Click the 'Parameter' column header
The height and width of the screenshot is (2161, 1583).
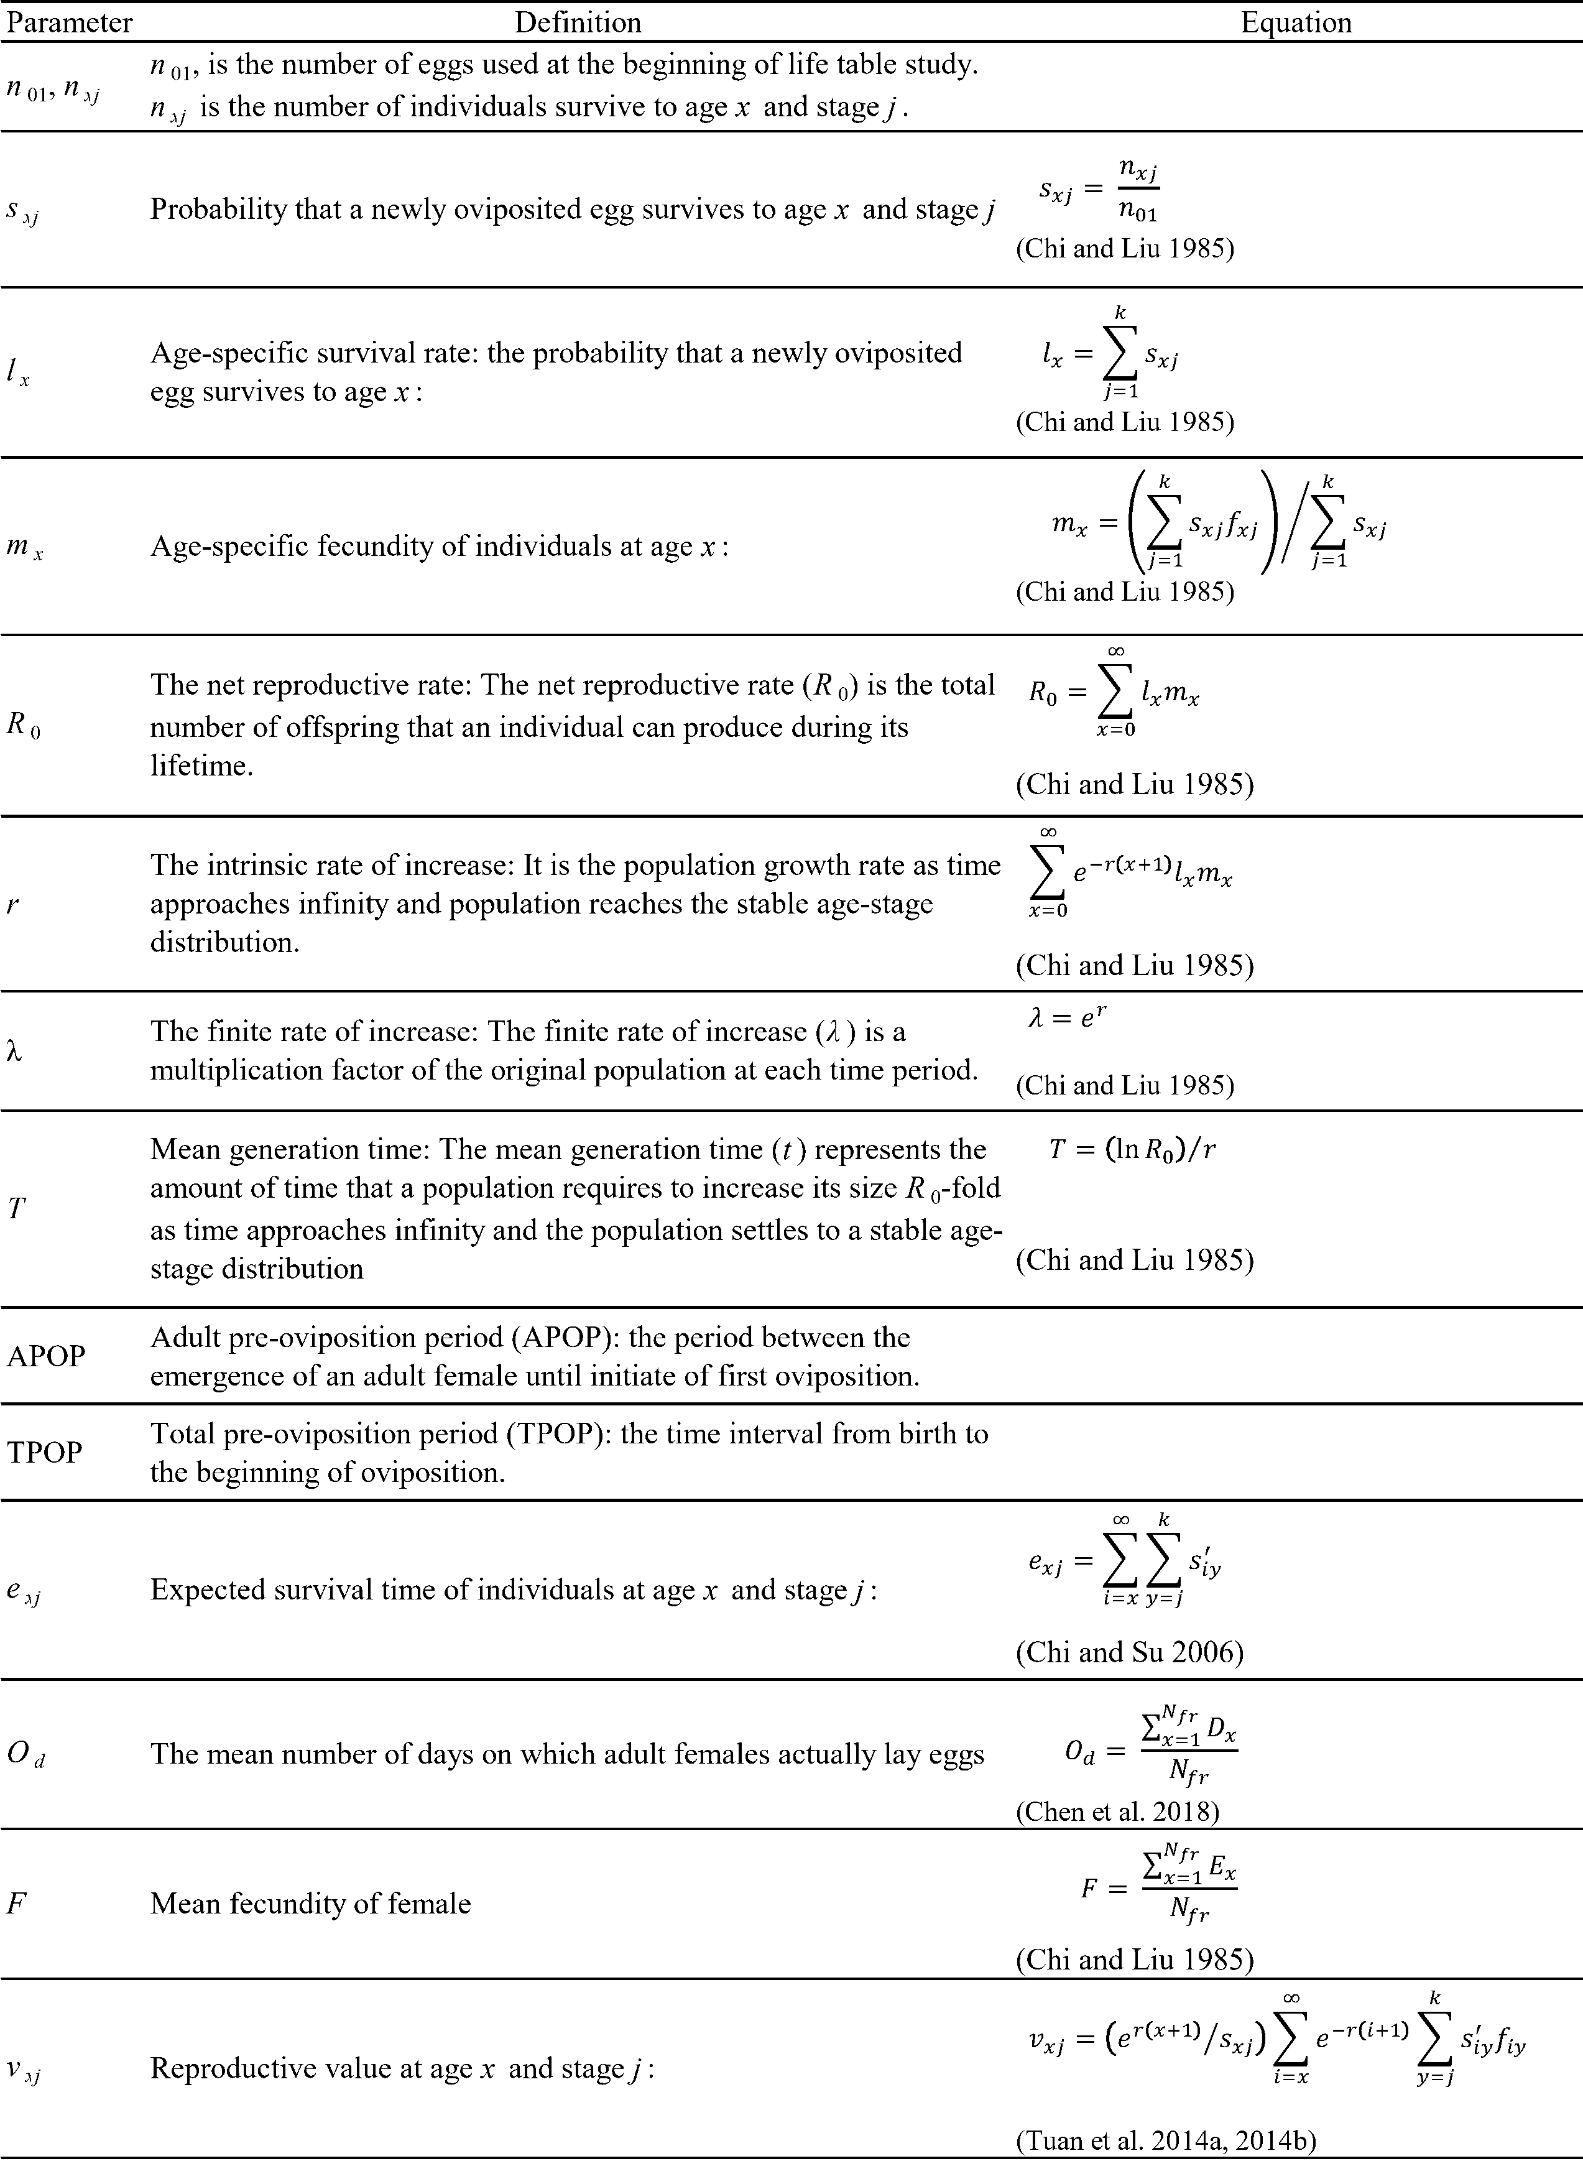(x=69, y=22)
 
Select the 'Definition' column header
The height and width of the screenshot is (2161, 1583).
(x=578, y=22)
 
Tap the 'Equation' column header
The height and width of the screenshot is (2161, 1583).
(x=1296, y=22)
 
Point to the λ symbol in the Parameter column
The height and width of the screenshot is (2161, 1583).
(x=14, y=1051)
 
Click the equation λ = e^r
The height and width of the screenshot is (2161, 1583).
(x=1068, y=1017)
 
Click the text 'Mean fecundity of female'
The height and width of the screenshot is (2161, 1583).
(x=310, y=1902)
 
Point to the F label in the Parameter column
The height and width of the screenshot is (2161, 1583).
(x=16, y=1902)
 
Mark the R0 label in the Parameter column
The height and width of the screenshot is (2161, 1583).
(x=23, y=724)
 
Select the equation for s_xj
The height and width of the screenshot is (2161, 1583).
(x=1100, y=190)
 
